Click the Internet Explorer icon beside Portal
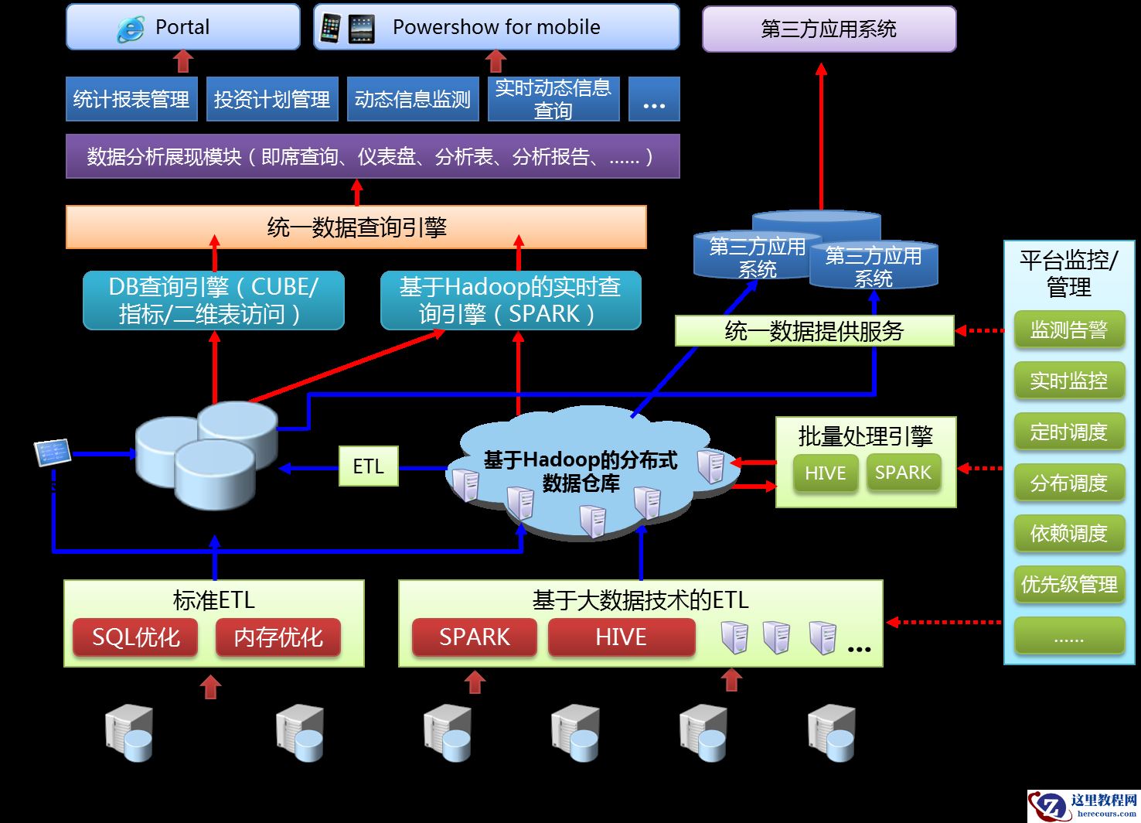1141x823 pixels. (x=130, y=29)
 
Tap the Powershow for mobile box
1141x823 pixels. (x=496, y=27)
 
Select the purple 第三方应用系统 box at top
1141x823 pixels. (x=829, y=29)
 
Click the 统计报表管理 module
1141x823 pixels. (x=131, y=99)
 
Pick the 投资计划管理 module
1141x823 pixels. (x=272, y=99)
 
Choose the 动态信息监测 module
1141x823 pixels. (x=413, y=99)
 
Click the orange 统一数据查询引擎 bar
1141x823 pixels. (x=356, y=227)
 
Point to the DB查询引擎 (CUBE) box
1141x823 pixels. (x=213, y=300)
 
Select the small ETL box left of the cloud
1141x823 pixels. (x=369, y=466)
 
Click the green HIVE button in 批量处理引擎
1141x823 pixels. (x=825, y=473)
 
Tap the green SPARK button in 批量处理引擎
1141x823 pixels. (x=903, y=473)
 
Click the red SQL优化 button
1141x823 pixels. (x=135, y=637)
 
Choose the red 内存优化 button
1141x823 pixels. (x=278, y=637)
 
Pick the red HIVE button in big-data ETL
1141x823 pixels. (x=621, y=637)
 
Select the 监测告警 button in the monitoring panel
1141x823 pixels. (x=1068, y=330)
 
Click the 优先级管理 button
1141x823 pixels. (x=1068, y=585)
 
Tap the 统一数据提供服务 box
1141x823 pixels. (x=814, y=331)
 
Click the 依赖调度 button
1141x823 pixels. (x=1068, y=534)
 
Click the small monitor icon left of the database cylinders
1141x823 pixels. (x=53, y=452)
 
